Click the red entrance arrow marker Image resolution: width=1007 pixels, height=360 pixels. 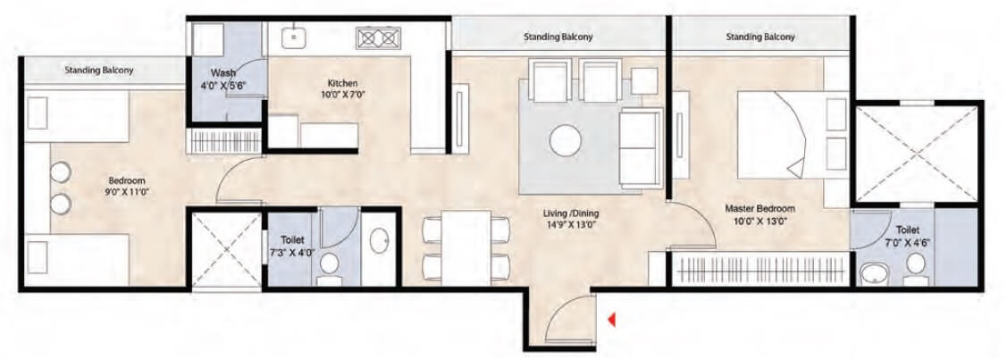coord(611,318)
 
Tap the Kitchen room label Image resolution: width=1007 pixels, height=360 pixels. coord(343,83)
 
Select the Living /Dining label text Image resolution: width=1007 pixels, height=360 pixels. coord(571,213)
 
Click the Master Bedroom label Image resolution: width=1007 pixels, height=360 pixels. coord(759,209)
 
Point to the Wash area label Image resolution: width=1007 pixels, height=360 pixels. coord(222,72)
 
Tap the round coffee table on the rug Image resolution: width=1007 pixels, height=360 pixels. coord(566,140)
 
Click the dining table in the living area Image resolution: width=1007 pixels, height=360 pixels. coord(466,245)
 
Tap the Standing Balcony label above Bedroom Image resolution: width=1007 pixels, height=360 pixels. coord(99,69)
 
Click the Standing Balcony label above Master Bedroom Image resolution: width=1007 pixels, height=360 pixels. coord(759,37)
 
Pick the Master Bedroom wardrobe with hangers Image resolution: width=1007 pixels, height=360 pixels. coord(762,268)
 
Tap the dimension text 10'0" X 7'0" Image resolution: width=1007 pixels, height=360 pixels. coord(342,95)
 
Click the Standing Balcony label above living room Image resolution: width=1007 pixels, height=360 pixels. coord(558,37)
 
